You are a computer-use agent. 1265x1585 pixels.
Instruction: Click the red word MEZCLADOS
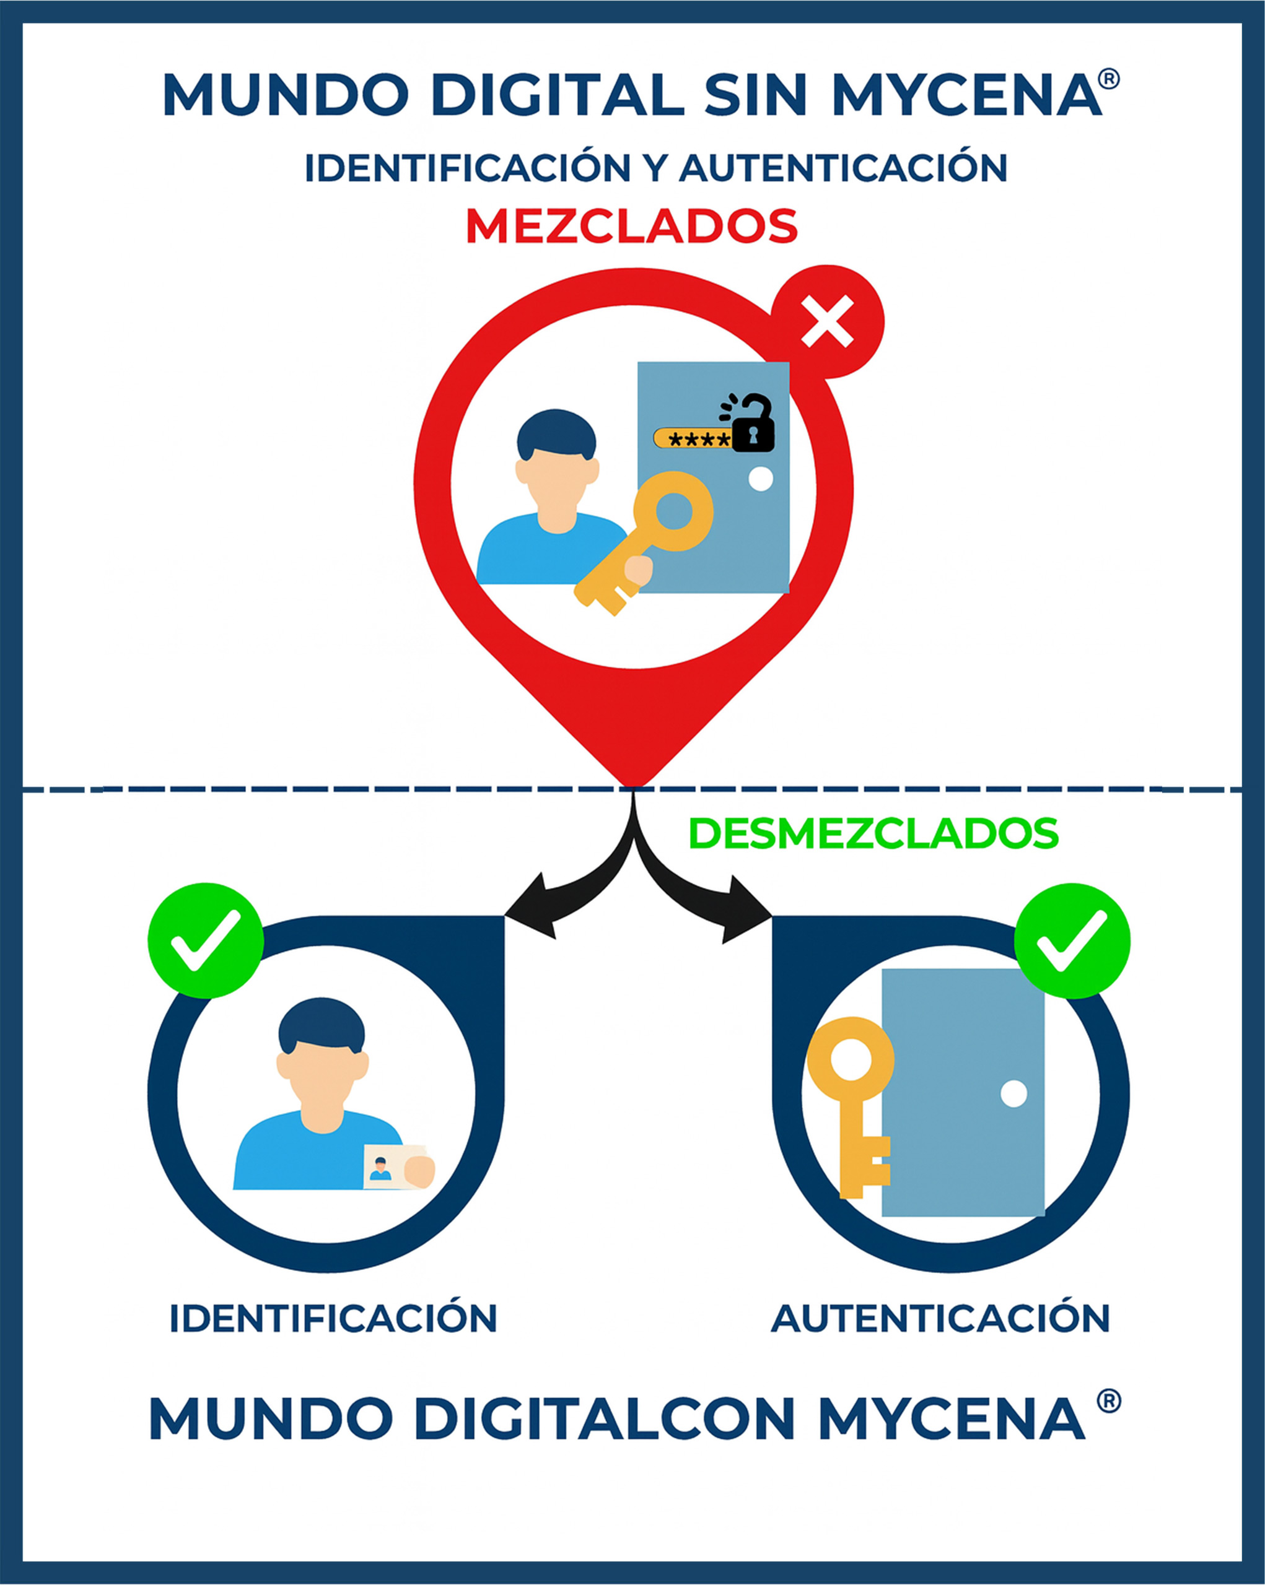631,227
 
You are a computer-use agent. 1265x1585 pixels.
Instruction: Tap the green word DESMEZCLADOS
873,833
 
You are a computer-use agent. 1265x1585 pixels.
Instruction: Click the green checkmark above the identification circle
206,940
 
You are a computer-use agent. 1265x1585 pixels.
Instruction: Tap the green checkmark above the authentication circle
1072,940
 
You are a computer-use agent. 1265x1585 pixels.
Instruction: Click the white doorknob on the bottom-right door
1013,1093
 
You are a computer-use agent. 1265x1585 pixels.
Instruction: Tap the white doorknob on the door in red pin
761,479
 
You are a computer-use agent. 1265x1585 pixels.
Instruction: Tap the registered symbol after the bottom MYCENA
1108,1401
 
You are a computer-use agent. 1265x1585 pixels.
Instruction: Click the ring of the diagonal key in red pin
673,511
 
